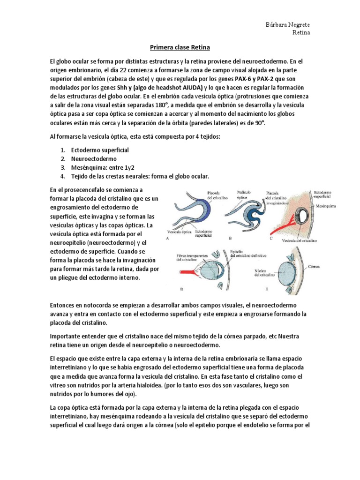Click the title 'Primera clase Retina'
(x=180, y=48)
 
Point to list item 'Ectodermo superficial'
(x=99, y=150)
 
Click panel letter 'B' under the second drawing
(x=230, y=238)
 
